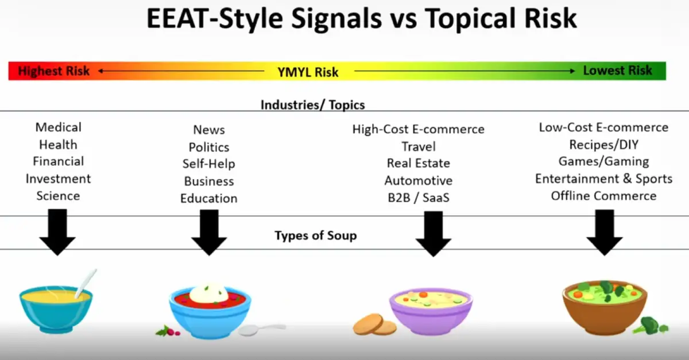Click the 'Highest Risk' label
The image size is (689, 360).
pos(54,71)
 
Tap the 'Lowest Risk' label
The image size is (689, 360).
pos(617,71)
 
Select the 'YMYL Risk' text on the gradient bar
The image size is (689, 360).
pos(308,72)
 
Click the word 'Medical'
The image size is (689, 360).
pos(59,127)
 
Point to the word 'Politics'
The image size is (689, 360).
pos(209,148)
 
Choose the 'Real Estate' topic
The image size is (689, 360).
pos(419,163)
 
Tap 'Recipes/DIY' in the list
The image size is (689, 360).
pos(604,145)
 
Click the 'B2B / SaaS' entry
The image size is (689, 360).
pos(419,198)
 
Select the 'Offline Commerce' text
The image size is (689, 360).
pos(604,196)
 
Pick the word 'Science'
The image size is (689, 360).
pos(58,196)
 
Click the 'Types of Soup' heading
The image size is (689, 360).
pos(316,235)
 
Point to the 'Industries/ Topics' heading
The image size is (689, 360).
pos(313,105)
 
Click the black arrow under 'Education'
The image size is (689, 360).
pos(209,233)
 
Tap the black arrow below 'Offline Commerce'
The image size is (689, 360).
pos(605,233)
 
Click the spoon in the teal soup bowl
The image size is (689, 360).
pos(86,284)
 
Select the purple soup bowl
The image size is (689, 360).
pos(431,311)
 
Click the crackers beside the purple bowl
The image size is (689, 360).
pos(374,324)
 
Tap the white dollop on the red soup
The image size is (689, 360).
pos(209,293)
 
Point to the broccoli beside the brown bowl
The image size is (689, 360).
pos(650,326)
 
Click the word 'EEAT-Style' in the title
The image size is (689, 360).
pos(214,18)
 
